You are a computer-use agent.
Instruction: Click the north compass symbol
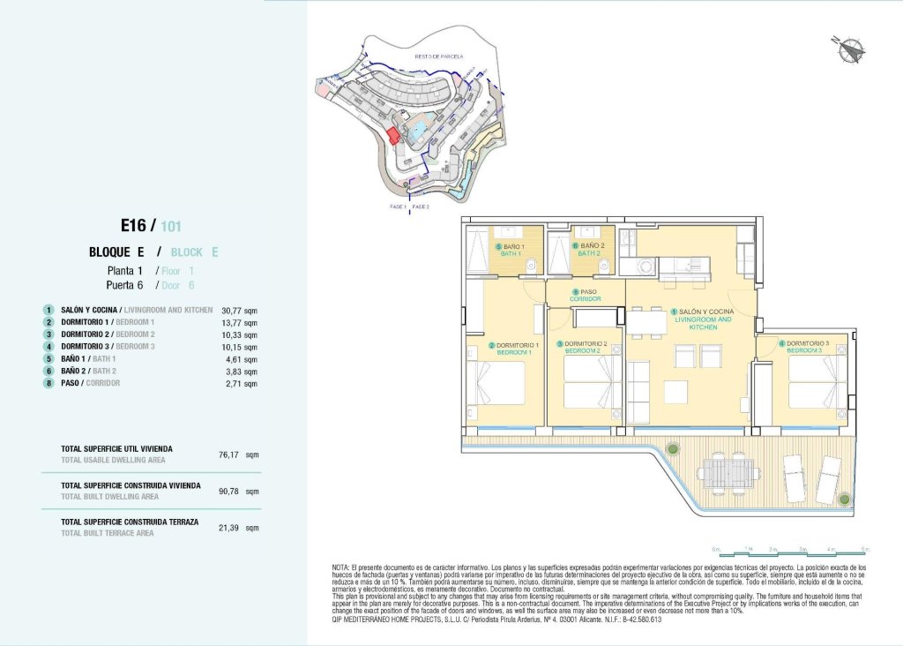click(849, 49)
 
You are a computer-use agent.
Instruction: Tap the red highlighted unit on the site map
click(393, 136)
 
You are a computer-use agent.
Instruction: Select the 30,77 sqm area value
click(238, 311)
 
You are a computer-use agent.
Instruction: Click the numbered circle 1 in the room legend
click(49, 311)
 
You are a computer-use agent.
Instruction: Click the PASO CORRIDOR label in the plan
click(585, 296)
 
